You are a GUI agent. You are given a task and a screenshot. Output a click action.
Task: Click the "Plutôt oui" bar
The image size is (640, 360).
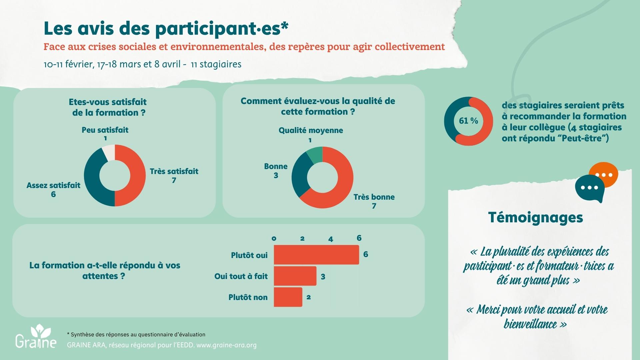pyautogui.click(x=316, y=255)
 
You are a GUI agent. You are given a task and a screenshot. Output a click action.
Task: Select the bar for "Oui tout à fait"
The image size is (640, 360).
pyautogui.click(x=295, y=276)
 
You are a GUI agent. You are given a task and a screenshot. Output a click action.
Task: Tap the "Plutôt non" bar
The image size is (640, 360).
pyautogui.click(x=288, y=297)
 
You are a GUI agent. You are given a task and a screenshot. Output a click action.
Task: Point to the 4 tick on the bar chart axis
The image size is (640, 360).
pyautogui.click(x=330, y=239)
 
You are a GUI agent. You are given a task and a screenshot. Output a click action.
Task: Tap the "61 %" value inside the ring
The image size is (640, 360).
pyautogui.click(x=468, y=121)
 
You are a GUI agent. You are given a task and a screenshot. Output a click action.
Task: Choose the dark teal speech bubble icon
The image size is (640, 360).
pyautogui.click(x=590, y=188)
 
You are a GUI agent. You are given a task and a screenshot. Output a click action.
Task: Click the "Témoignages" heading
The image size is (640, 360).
pyautogui.click(x=535, y=217)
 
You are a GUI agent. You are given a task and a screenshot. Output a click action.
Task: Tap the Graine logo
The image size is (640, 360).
pyautogui.click(x=36, y=337)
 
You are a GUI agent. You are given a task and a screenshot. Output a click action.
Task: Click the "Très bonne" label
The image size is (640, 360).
pyautogui.click(x=374, y=197)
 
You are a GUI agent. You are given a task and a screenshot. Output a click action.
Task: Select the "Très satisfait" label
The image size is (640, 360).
pyautogui.click(x=174, y=171)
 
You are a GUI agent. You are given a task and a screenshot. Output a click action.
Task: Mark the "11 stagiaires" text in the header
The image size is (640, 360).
pyautogui.click(x=216, y=64)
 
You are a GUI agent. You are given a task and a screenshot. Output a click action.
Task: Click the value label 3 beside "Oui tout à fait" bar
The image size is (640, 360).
pyautogui.click(x=323, y=277)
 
